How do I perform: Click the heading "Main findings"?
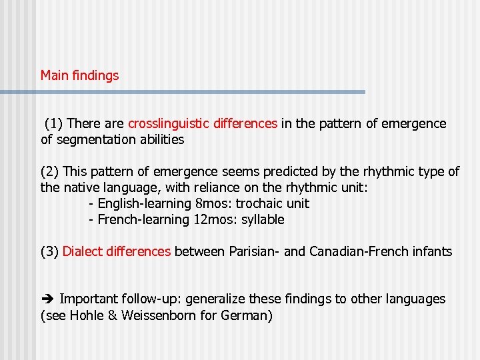point(79,75)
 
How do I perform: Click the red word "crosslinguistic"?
point(169,123)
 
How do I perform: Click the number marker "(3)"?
point(50,251)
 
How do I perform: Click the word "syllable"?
point(262,219)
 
